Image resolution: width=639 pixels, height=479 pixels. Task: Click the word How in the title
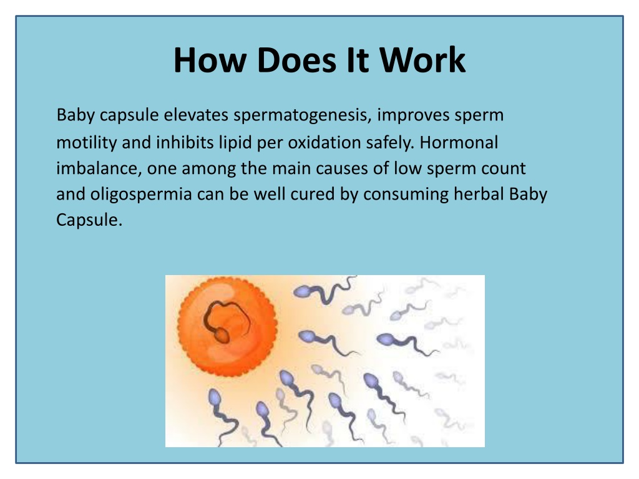(207, 60)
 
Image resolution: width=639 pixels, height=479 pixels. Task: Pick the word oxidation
(324, 143)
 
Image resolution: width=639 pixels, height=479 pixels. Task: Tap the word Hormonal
(459, 143)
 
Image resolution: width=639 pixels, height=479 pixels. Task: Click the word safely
(389, 143)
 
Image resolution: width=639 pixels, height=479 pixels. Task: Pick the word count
(504, 168)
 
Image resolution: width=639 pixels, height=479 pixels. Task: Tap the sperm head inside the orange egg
(222, 335)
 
